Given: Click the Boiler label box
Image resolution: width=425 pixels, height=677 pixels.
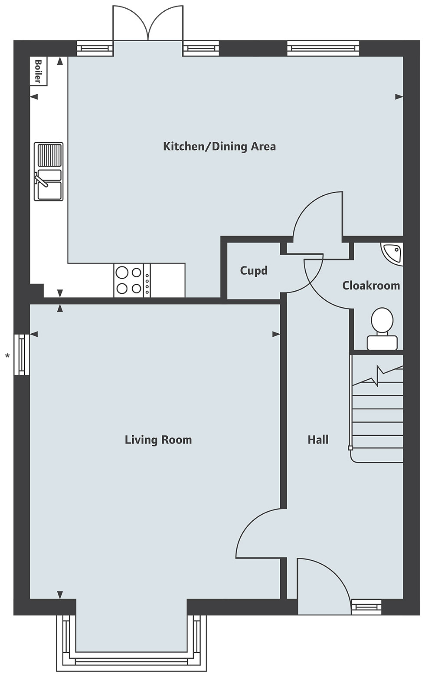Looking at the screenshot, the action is click(38, 71).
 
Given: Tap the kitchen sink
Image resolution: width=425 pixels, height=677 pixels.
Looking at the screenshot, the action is click(49, 171).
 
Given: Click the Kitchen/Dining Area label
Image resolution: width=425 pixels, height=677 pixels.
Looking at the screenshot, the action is click(219, 147).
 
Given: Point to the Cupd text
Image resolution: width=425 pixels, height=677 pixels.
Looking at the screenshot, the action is click(254, 270).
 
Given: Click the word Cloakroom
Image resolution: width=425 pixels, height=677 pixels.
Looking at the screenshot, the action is click(371, 286).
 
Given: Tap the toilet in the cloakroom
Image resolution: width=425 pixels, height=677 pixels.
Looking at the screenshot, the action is click(382, 329).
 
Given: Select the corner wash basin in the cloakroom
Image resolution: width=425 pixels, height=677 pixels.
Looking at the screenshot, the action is click(392, 254).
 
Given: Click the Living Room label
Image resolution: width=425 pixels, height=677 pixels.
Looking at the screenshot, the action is click(158, 440).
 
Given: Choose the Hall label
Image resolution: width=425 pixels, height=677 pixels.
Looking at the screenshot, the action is click(318, 440).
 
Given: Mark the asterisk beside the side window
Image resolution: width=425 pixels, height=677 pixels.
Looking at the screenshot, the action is click(7, 356).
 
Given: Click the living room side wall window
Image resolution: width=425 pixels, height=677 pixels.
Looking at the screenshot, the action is click(22, 355).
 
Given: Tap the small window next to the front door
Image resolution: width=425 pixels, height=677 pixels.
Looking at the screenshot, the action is click(366, 606).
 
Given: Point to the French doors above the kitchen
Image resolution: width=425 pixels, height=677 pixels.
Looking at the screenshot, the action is click(148, 23).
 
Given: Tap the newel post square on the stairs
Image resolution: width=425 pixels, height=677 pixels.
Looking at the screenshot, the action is click(350, 448).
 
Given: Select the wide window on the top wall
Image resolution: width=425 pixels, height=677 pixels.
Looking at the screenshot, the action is click(323, 48).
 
